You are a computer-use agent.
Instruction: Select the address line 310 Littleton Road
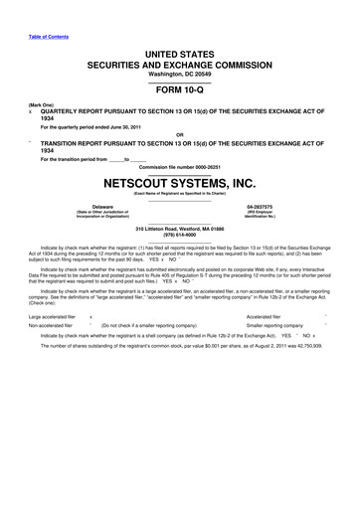(179, 227)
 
